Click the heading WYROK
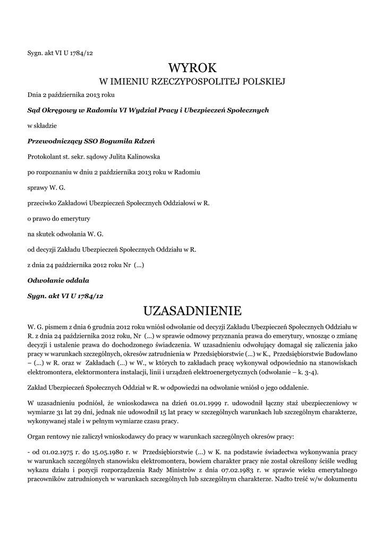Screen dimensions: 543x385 click(x=192, y=68)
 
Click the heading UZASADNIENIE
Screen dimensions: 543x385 click(x=192, y=309)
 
